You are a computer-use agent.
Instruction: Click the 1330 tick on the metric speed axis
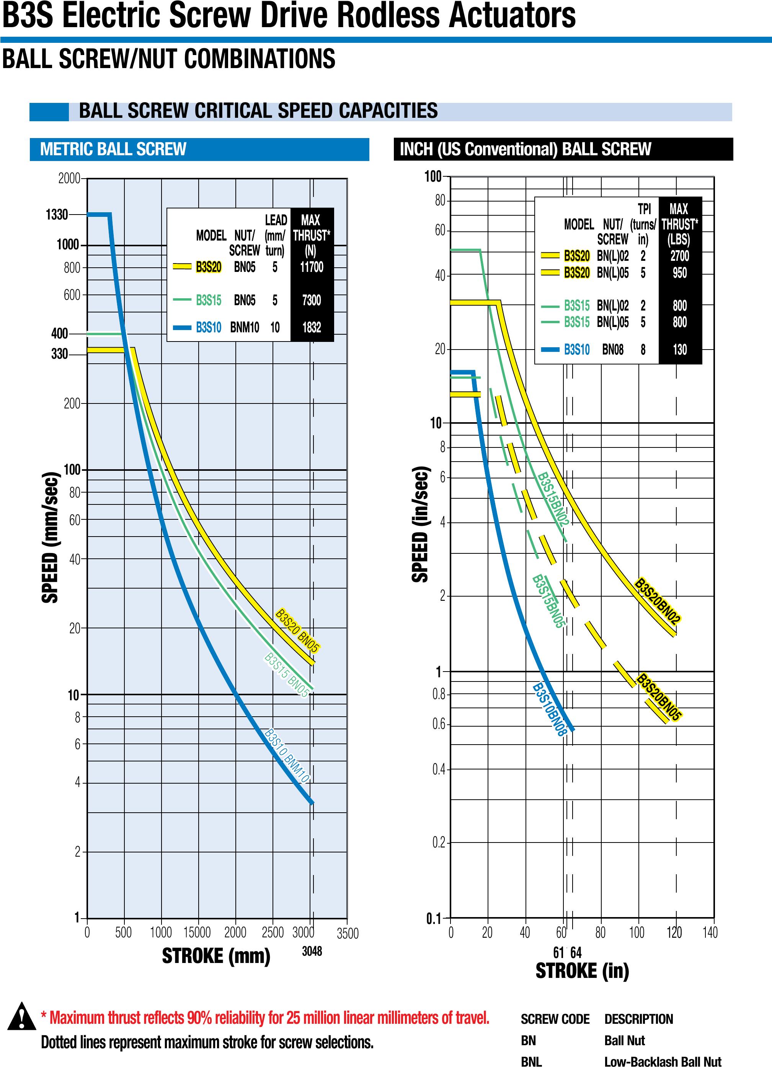pyautogui.click(x=57, y=215)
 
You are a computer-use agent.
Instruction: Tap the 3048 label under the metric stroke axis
pyautogui.click(x=312, y=951)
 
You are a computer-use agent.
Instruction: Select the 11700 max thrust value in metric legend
pyautogui.click(x=312, y=267)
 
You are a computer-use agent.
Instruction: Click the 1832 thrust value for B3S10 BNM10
pyautogui.click(x=312, y=327)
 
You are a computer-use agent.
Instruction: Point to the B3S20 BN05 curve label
pyautogui.click(x=297, y=630)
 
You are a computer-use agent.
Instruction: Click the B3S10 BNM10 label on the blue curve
pyautogui.click(x=287, y=756)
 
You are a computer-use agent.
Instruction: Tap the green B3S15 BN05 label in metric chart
pyautogui.click(x=286, y=675)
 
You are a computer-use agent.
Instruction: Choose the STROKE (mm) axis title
pyautogui.click(x=216, y=956)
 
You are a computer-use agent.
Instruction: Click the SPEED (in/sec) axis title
pyautogui.click(x=420, y=525)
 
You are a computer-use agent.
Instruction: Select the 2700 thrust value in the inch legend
pyautogui.click(x=679, y=256)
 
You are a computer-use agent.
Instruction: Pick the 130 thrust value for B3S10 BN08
pyautogui.click(x=679, y=350)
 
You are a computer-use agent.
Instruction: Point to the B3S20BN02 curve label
pyautogui.click(x=657, y=601)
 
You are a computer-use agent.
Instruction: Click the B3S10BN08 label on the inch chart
pyautogui.click(x=549, y=709)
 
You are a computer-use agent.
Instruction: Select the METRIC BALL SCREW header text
pyautogui.click(x=113, y=149)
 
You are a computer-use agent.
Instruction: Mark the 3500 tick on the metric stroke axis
pyautogui.click(x=348, y=933)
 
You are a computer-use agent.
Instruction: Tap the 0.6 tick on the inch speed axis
pyautogui.click(x=439, y=724)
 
